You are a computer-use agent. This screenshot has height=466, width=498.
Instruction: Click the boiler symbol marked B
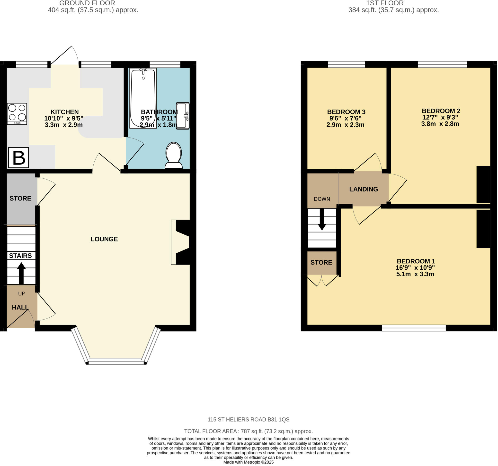pyautogui.click(x=18, y=158)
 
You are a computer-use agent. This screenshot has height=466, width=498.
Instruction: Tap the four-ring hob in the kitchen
pyautogui.click(x=17, y=114)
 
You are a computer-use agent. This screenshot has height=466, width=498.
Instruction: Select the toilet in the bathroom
pyautogui.click(x=174, y=156)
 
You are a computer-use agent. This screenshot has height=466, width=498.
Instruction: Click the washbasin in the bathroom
pyautogui.click(x=183, y=116)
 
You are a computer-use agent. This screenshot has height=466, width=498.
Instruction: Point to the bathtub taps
pyautogui.click(x=143, y=71)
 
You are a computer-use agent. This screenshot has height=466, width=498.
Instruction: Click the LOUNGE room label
pyautogui.click(x=104, y=239)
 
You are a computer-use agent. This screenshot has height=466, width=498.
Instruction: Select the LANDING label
pyautogui.click(x=364, y=190)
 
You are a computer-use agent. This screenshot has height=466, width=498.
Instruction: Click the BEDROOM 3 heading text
pyautogui.click(x=346, y=112)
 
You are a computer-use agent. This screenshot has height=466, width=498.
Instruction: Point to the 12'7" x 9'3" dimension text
pyautogui.click(x=440, y=117)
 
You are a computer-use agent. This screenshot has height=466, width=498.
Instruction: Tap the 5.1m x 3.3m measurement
pyautogui.click(x=415, y=274)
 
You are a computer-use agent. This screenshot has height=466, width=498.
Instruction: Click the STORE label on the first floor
pyautogui.click(x=321, y=263)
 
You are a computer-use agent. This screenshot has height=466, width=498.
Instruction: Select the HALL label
pyautogui.click(x=20, y=308)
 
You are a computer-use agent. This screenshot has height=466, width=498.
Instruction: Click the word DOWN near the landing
pyautogui.click(x=322, y=199)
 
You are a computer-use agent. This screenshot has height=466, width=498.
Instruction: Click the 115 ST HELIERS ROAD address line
pyautogui.click(x=249, y=419)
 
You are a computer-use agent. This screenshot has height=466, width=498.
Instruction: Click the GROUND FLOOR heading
pyautogui.click(x=87, y=3)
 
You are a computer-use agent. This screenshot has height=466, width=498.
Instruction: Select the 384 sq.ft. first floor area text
pyautogui.click(x=393, y=10)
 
